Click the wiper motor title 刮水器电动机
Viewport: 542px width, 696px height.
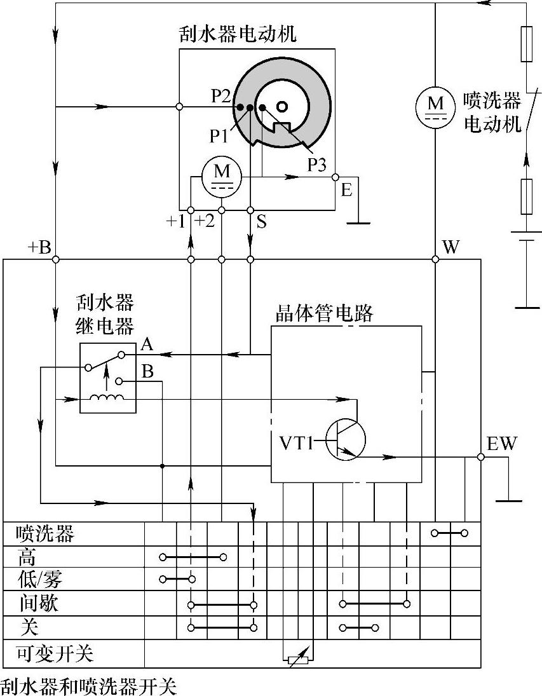click(x=238, y=34)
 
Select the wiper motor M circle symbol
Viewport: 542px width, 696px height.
click(x=222, y=174)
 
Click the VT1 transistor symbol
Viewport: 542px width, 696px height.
click(x=345, y=439)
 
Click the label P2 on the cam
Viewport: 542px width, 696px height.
click(x=221, y=96)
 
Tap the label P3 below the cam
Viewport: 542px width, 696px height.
click(x=317, y=165)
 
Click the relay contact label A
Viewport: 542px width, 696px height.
click(x=147, y=345)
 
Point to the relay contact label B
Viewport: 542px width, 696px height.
click(x=147, y=372)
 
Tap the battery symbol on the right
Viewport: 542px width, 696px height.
click(x=527, y=240)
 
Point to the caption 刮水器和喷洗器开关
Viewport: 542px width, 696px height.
click(x=88, y=686)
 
